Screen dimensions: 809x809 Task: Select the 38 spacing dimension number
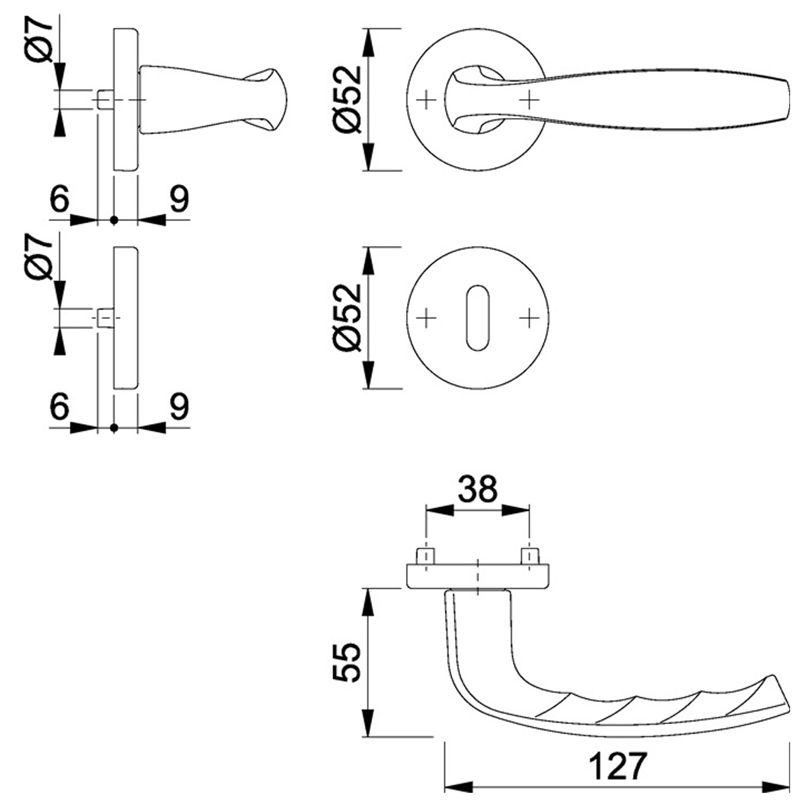[477, 489]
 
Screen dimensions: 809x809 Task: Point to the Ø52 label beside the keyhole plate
[348, 317]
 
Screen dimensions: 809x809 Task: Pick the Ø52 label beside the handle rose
[348, 99]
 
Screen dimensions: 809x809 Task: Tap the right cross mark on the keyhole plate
[530, 317]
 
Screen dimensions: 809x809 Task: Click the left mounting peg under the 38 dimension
[425, 557]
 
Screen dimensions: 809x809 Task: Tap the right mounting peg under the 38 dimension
[530, 557]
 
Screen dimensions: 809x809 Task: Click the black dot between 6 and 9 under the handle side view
[114, 220]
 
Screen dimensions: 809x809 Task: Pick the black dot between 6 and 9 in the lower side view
[114, 427]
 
